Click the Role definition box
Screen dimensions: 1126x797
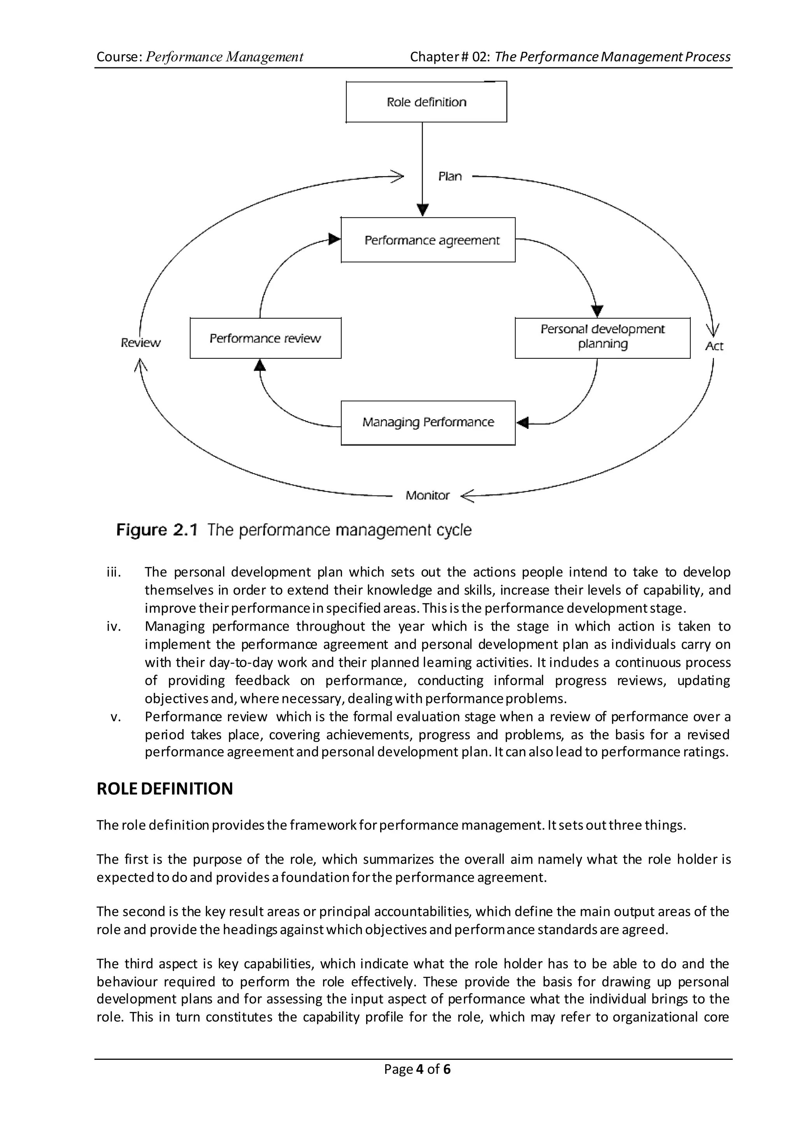[426, 102]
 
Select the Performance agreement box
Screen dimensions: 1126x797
[428, 240]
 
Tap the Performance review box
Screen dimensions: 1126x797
[265, 338]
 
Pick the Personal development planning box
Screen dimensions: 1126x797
[602, 338]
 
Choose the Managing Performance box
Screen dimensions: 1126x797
[428, 423]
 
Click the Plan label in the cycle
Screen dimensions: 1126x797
[449, 176]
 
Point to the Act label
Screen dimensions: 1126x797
[714, 346]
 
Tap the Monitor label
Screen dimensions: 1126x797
[427, 496]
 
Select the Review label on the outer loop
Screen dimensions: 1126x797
[140, 342]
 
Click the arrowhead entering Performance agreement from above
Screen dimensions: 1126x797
[423, 210]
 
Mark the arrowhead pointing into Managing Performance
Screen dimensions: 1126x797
[523, 423]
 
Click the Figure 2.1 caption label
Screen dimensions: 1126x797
[156, 530]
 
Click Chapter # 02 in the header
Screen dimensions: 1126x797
[449, 57]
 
